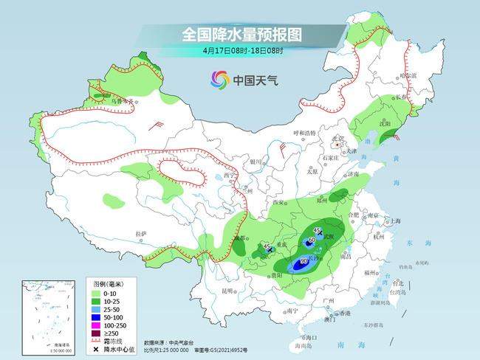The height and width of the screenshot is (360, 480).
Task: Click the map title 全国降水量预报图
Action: pyautogui.click(x=242, y=35)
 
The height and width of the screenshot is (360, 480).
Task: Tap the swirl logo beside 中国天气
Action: pyautogui.click(x=220, y=79)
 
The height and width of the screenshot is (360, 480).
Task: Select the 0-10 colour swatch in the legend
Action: pyautogui.click(x=97, y=291)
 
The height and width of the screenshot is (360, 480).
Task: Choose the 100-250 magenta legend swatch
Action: pyautogui.click(x=97, y=323)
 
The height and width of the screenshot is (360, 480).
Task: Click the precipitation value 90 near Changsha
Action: pyautogui.click(x=303, y=262)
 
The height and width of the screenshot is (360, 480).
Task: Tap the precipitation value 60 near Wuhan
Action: pyautogui.click(x=312, y=240)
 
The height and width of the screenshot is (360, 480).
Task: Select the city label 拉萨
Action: pyautogui.click(x=140, y=234)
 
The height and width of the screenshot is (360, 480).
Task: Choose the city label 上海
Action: pyautogui.click(x=395, y=221)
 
